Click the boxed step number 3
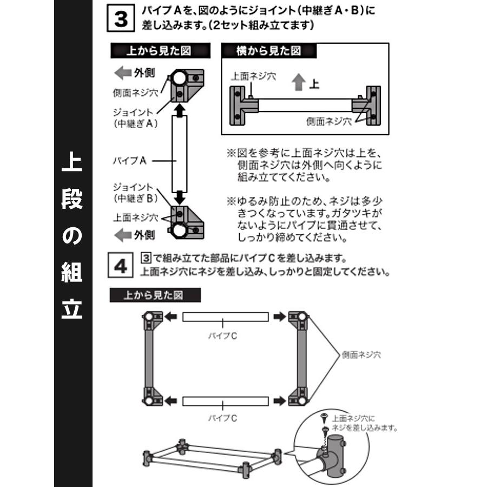point(121,18)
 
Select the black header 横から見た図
point(269,51)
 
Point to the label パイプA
point(130,161)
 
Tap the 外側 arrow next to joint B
point(124,235)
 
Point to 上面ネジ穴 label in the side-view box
point(253,77)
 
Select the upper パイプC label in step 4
point(222,336)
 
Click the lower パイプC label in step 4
point(222,418)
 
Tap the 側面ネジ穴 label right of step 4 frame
point(361,356)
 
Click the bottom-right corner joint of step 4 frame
point(297,398)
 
